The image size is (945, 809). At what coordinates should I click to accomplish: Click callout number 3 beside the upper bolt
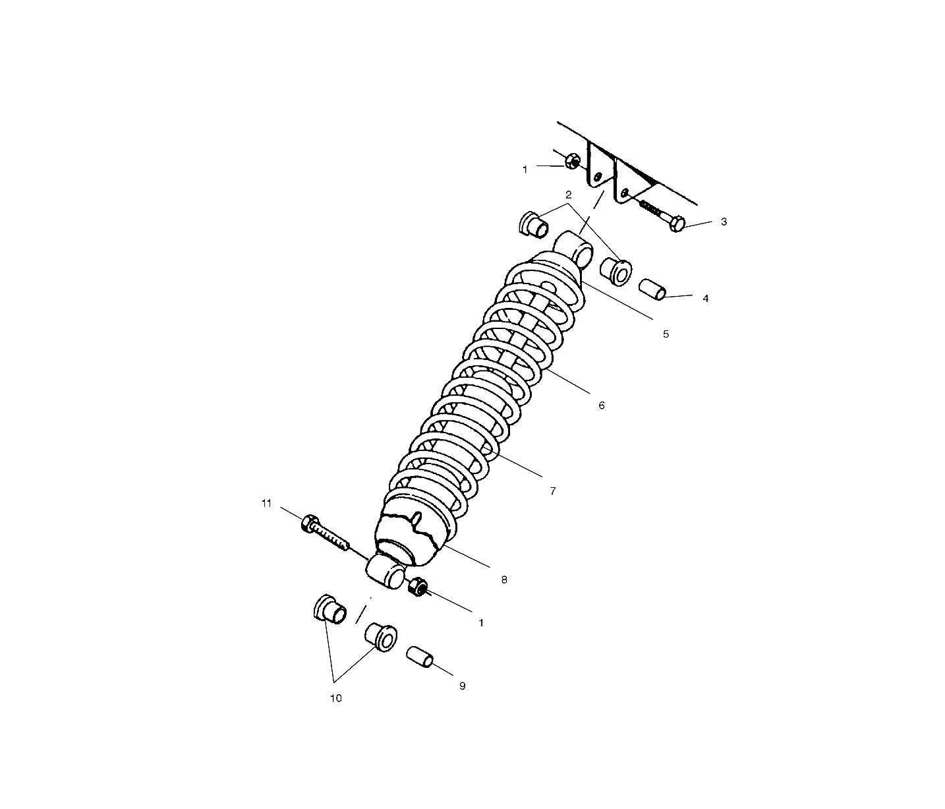click(x=724, y=222)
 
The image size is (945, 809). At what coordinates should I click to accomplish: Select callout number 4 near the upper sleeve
click(x=705, y=299)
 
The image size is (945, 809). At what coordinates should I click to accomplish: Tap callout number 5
click(x=666, y=334)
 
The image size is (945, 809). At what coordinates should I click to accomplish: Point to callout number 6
click(x=602, y=405)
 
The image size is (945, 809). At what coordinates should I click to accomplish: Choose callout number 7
click(x=553, y=491)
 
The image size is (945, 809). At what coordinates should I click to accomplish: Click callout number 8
click(x=504, y=580)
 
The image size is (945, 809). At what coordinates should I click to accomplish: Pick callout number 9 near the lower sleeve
click(x=462, y=686)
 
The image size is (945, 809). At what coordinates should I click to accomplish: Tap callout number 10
click(x=336, y=698)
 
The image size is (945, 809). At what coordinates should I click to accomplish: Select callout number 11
click(x=266, y=504)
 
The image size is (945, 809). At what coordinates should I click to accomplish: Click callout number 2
click(x=569, y=195)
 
